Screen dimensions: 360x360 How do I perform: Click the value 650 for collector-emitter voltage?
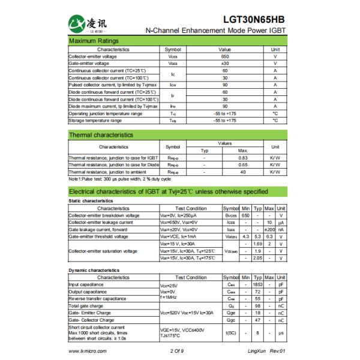pos(225,56)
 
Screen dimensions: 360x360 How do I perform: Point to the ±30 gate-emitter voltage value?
pos(225,63)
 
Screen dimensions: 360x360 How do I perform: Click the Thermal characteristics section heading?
pos(101,134)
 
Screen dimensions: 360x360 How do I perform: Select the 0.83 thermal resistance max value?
pos(243,157)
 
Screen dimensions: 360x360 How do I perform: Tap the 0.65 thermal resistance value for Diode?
pos(243,164)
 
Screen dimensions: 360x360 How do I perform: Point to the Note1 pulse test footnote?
pos(120,179)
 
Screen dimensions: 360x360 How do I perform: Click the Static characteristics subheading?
pos(91,200)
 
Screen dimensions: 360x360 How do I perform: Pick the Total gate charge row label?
pos(85,305)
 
